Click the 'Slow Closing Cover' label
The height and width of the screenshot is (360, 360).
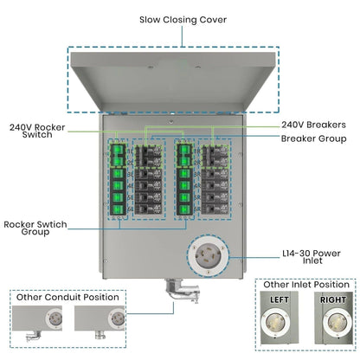[179, 20]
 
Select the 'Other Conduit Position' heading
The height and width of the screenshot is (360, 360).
[69, 297]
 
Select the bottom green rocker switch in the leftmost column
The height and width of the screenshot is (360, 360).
[113, 209]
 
